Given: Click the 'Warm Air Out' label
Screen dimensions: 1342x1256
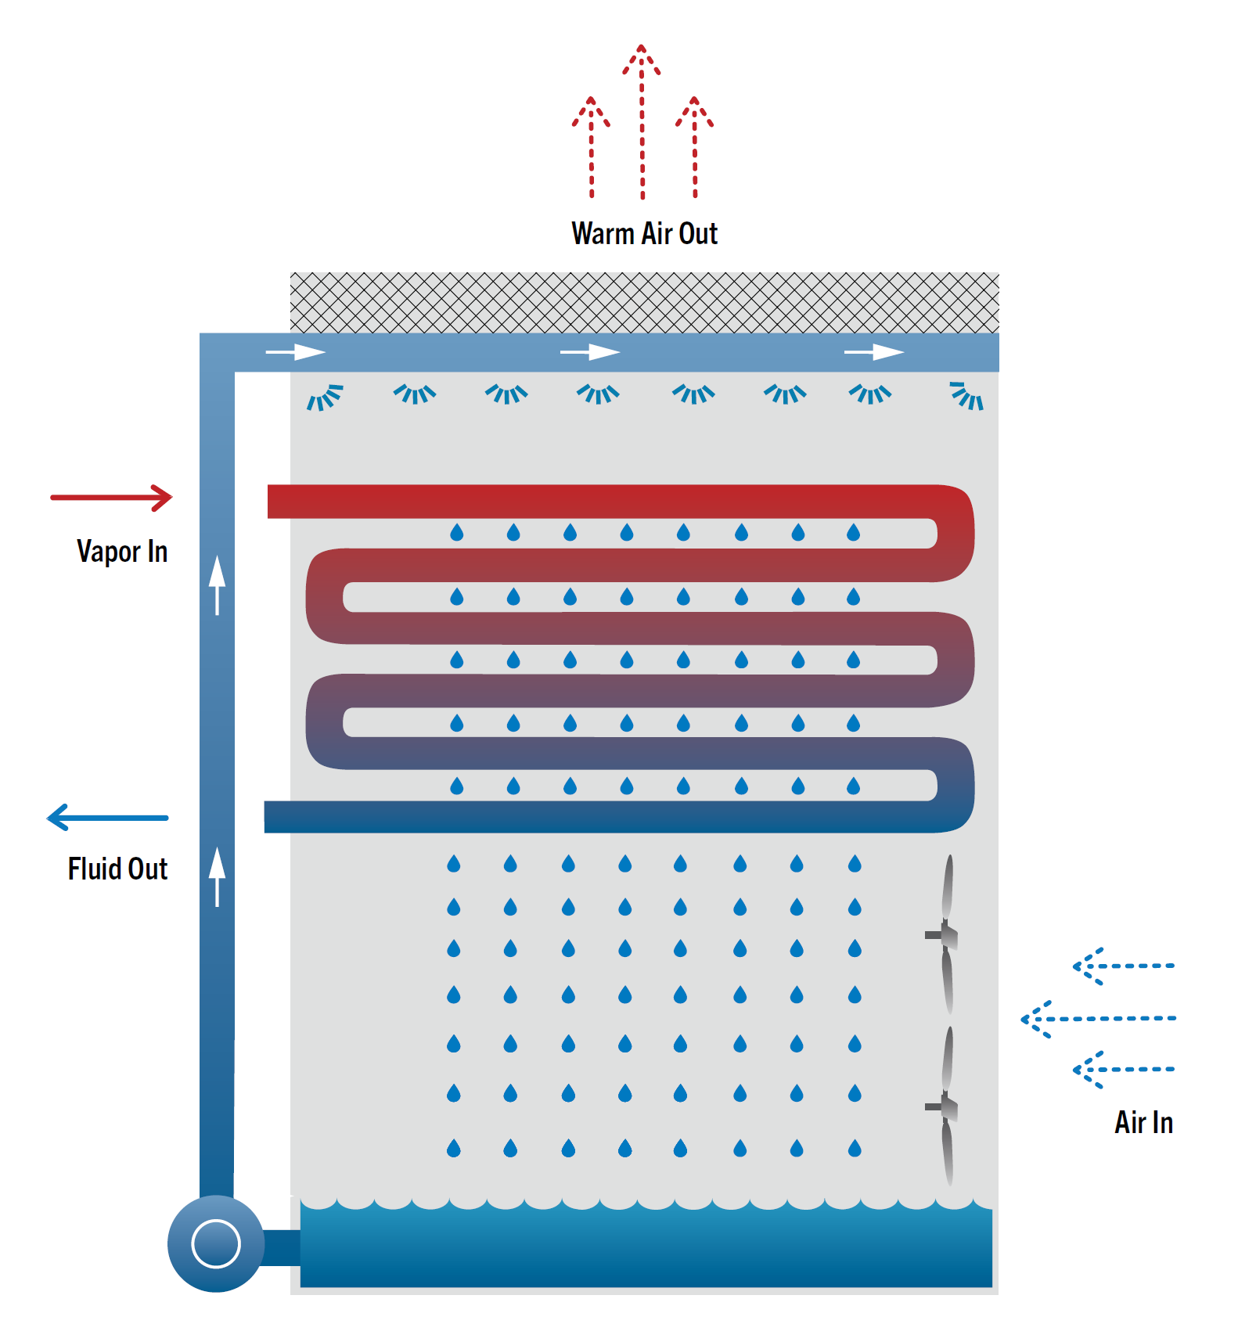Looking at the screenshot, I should tap(644, 234).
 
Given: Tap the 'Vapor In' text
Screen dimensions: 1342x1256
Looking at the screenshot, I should tap(122, 552).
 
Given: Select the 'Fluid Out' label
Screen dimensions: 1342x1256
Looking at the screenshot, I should tap(117, 869).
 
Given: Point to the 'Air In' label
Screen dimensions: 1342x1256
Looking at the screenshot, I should tap(1143, 1123).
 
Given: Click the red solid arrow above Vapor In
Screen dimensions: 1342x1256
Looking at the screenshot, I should tap(111, 498).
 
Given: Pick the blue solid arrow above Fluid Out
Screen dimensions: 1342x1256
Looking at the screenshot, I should tap(107, 818).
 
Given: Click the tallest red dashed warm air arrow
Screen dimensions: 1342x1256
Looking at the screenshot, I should tap(642, 121).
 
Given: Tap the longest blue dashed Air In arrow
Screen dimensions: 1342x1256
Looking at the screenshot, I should tap(1099, 1019).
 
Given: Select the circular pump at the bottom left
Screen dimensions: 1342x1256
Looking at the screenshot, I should tap(216, 1243).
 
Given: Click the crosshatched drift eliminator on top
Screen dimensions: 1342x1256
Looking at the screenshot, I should tap(644, 303).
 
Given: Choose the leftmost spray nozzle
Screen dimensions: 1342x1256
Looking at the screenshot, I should tap(324, 398).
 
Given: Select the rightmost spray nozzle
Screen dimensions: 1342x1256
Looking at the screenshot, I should tap(967, 396).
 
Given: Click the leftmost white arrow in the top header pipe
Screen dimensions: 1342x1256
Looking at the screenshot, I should tap(296, 353).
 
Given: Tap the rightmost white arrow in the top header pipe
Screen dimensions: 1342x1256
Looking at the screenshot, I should tap(874, 353).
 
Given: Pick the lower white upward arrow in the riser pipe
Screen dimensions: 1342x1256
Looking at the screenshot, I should tap(217, 876).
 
